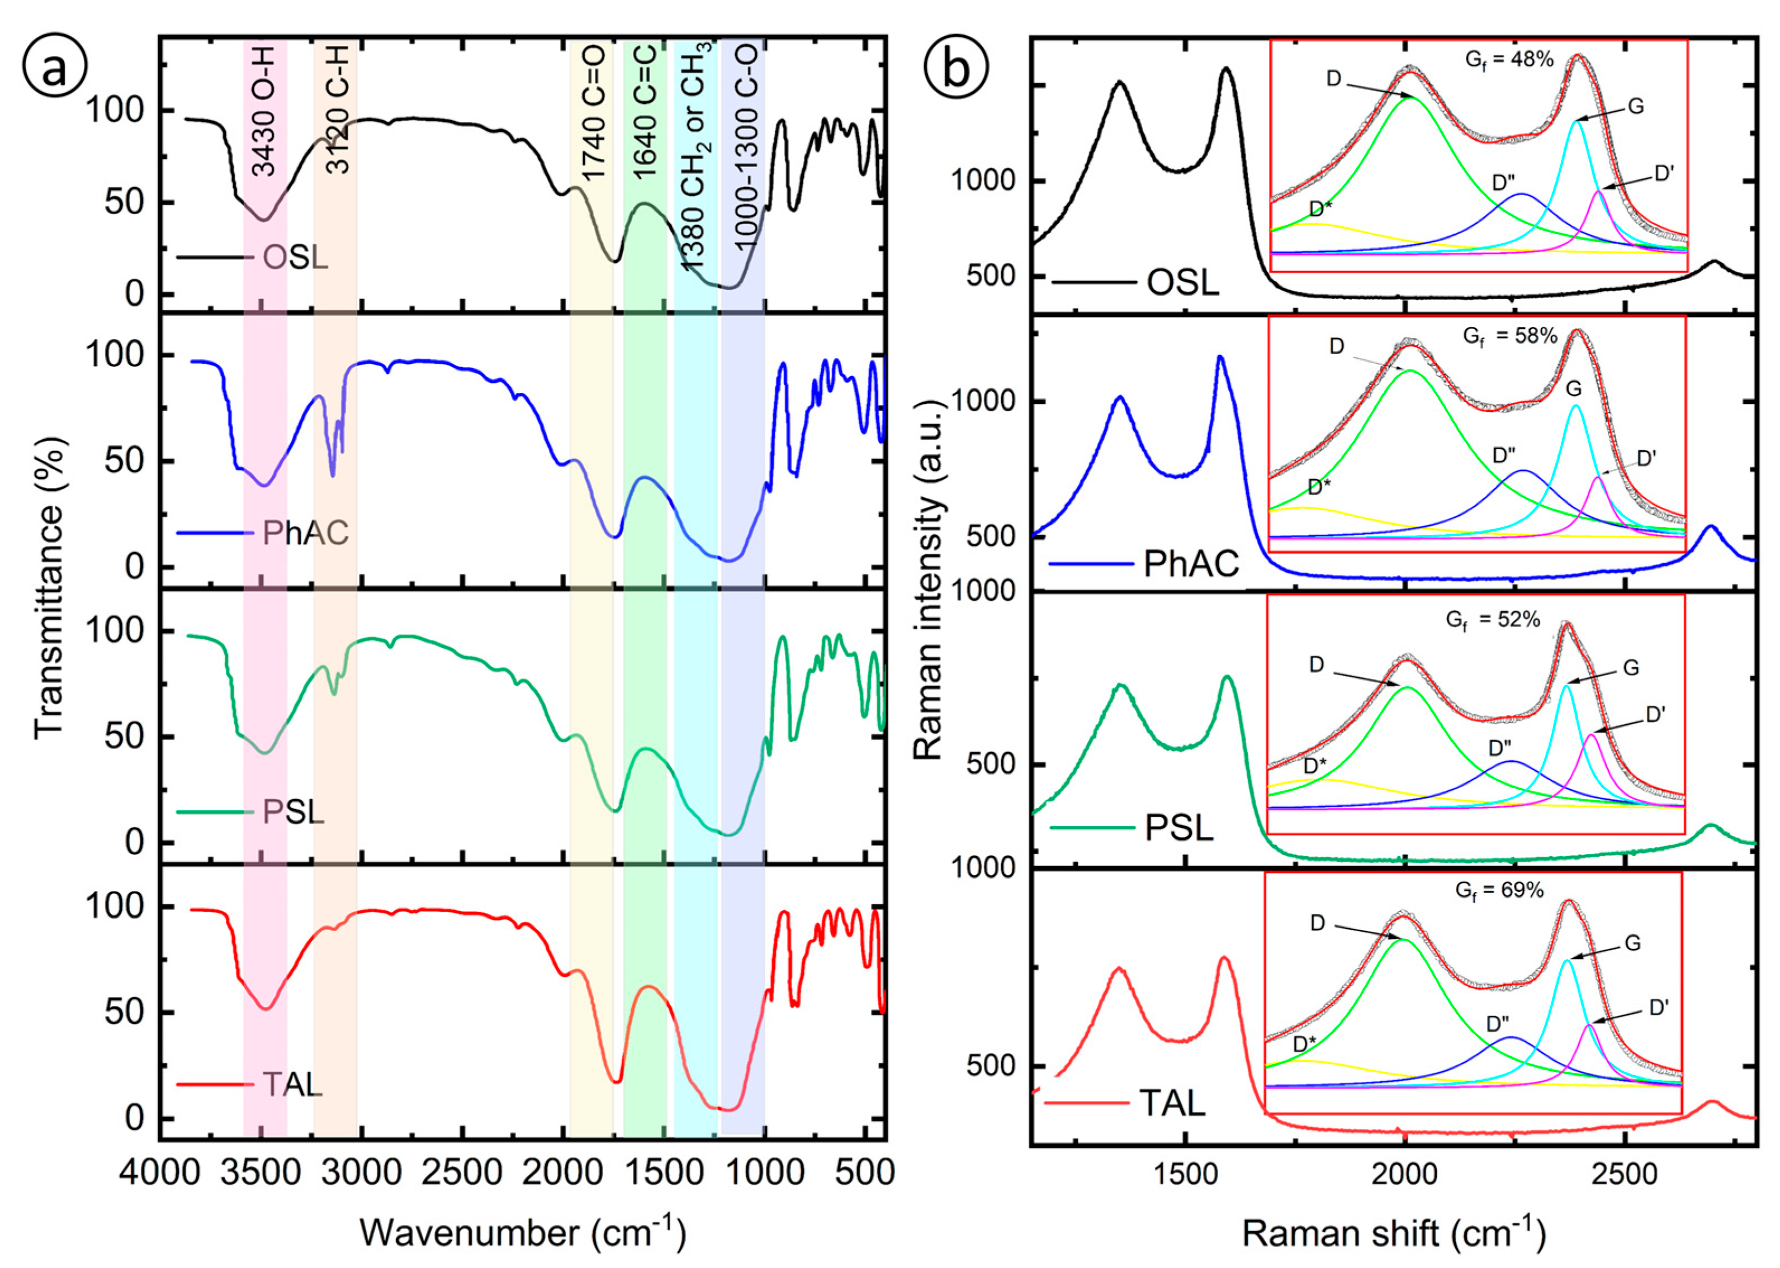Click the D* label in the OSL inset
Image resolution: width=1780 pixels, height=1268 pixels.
1320,209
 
